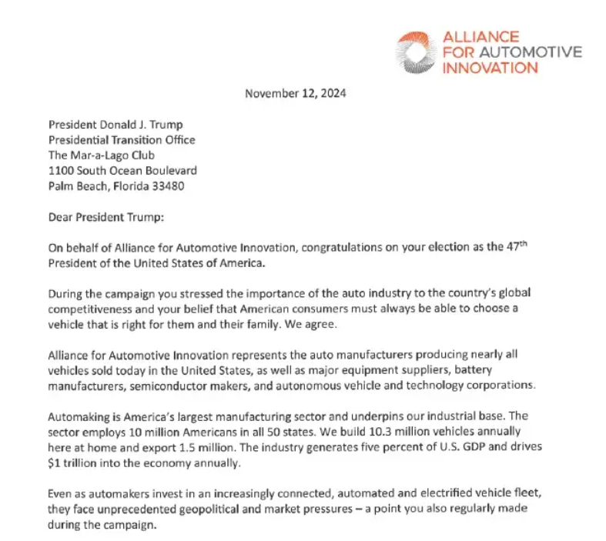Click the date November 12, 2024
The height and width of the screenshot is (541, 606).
tap(295, 94)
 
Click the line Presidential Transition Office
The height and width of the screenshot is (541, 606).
tap(122, 140)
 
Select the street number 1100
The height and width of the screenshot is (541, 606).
tap(61, 170)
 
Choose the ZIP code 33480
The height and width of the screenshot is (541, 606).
tap(168, 185)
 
